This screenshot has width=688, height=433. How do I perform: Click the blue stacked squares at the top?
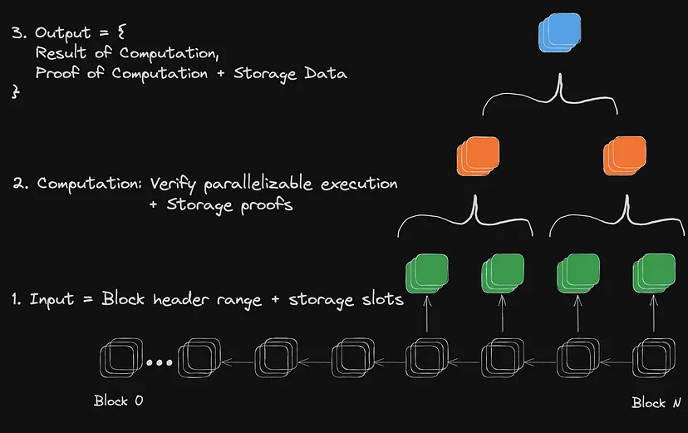point(559,33)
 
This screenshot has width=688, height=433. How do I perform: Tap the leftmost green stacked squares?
point(426,273)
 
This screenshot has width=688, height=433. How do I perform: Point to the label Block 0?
point(118,401)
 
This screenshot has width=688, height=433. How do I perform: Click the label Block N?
point(656,402)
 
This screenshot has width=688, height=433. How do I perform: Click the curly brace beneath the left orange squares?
point(473,215)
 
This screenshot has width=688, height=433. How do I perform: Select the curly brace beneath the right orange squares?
point(617,215)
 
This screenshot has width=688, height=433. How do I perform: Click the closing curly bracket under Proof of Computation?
point(14,93)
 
